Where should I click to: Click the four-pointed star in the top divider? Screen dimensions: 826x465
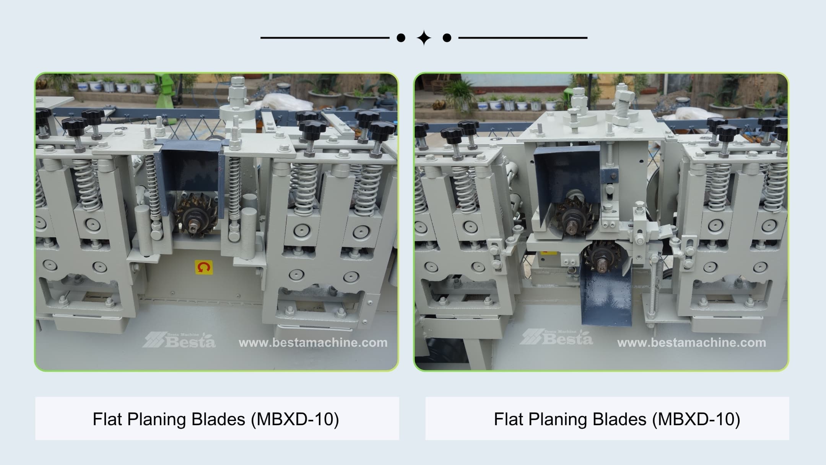(x=424, y=38)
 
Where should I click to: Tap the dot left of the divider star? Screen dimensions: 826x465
(x=401, y=38)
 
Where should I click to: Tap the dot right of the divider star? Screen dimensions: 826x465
(x=447, y=38)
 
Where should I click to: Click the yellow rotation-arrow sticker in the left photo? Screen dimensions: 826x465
(x=203, y=267)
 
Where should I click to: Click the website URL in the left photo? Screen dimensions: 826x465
(x=313, y=343)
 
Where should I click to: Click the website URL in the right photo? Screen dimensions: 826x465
(x=691, y=343)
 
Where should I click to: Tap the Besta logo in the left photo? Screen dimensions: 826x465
(x=179, y=339)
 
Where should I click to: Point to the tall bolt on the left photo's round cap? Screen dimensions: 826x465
(x=238, y=92)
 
